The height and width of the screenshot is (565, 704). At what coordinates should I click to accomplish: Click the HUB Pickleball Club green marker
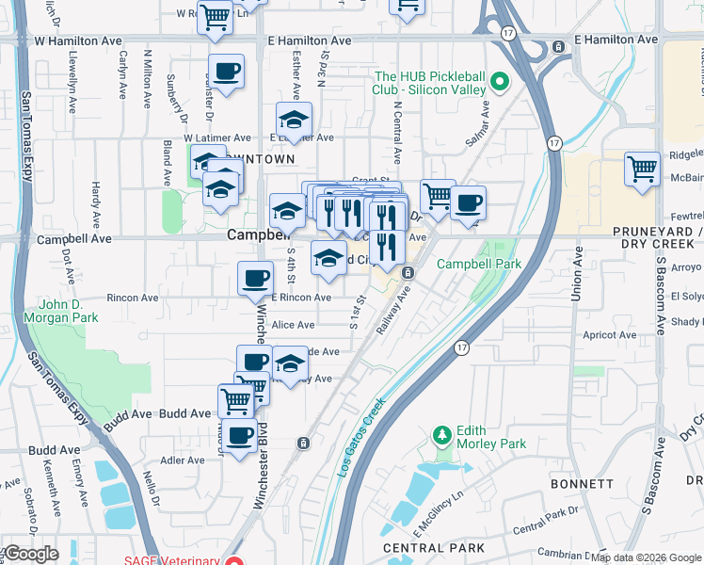[x=501, y=82]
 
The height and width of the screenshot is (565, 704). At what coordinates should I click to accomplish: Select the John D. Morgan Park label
[x=69, y=312]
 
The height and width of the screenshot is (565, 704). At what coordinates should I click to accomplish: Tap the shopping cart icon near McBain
[x=642, y=170]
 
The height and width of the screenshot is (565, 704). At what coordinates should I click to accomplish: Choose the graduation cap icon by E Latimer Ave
[x=294, y=120]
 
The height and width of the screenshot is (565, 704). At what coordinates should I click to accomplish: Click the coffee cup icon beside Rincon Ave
[x=254, y=278]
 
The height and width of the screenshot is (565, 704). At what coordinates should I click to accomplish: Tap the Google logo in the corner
[x=30, y=554]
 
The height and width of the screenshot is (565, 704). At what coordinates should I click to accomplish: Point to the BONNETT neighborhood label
[x=584, y=483]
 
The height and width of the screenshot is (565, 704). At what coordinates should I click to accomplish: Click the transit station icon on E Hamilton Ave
[x=558, y=45]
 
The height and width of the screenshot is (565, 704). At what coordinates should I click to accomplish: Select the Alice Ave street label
[x=293, y=325]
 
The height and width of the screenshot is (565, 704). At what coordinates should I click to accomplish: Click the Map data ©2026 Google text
[x=647, y=557]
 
